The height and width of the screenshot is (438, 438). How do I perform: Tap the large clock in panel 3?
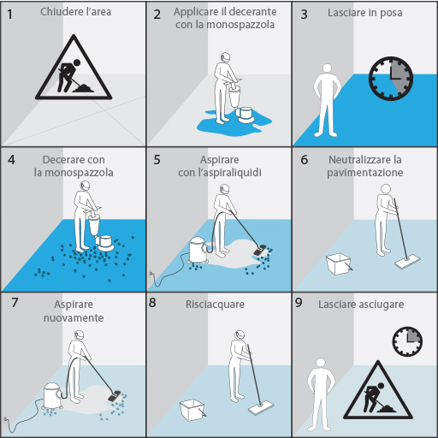391,79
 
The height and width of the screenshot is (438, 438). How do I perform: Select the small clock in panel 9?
407,341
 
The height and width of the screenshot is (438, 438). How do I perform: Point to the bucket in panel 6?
339,264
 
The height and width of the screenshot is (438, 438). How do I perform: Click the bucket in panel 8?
192,410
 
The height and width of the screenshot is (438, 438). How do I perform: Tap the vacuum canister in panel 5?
198,250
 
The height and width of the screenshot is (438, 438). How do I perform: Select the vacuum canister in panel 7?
52,396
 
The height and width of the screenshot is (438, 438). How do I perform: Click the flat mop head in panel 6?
407,263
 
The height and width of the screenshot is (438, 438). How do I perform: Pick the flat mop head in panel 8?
261,408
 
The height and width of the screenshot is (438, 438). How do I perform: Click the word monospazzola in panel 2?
240,25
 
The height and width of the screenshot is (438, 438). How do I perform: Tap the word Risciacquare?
215,305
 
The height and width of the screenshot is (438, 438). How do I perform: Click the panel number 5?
157,160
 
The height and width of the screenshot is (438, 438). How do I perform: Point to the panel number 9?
299,303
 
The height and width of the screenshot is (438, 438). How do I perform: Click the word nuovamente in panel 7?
74,317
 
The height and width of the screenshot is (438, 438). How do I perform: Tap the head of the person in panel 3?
327,68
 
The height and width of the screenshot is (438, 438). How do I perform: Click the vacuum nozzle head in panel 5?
260,250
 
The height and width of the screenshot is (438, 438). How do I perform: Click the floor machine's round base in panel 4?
104,243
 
